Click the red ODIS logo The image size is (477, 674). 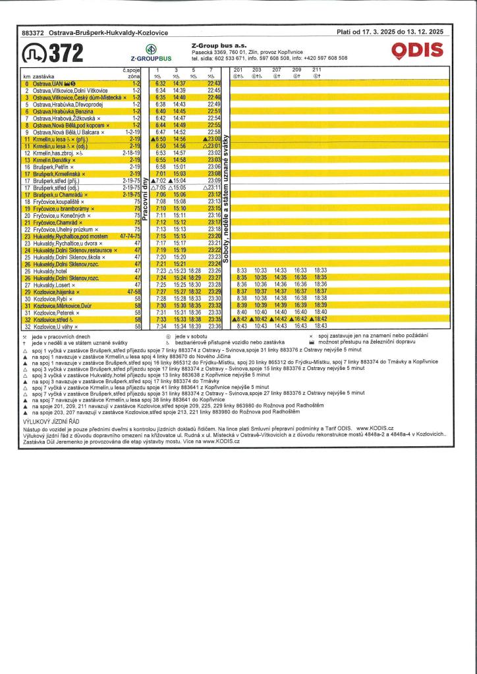pyautogui.click(x=416, y=51)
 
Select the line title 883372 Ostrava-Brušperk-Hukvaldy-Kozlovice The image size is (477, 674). pyautogui.click(x=95, y=32)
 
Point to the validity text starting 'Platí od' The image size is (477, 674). pyautogui.click(x=389, y=32)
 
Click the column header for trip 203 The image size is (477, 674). pyautogui.click(x=258, y=70)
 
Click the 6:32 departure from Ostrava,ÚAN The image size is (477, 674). pyautogui.click(x=160, y=84)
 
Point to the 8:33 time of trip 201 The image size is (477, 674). pyautogui.click(x=241, y=271)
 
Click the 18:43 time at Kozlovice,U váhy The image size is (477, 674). pyautogui.click(x=320, y=326)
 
